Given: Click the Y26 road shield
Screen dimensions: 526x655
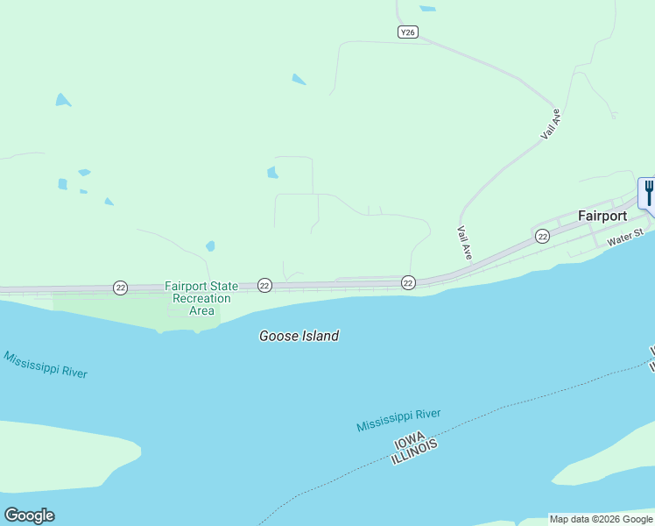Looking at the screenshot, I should click(x=407, y=32).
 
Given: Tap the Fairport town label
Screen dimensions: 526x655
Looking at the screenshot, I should click(x=602, y=216).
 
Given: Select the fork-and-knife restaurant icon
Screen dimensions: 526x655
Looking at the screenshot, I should click(x=648, y=192).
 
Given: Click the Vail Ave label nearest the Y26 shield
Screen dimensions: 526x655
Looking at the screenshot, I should click(x=550, y=124).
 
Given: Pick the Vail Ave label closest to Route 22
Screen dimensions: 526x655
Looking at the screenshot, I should click(x=465, y=243).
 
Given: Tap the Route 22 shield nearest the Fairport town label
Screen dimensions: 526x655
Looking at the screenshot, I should click(x=543, y=237).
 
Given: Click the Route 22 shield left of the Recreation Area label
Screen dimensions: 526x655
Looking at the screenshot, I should click(x=120, y=288).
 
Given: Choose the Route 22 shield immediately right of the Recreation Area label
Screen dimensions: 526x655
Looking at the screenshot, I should click(x=264, y=285).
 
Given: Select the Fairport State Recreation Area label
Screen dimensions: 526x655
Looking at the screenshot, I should click(x=201, y=298).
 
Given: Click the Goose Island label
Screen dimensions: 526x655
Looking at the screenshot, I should click(x=299, y=336).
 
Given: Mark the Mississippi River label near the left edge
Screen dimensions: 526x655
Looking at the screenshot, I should click(x=46, y=365).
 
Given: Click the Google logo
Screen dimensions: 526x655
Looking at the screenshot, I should click(x=29, y=515).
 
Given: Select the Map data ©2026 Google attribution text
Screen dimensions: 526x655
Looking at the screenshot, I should click(x=602, y=519).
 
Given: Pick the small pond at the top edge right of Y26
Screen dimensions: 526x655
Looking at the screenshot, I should click(x=427, y=9).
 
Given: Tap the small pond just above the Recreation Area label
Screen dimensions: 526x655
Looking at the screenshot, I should click(x=210, y=246).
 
